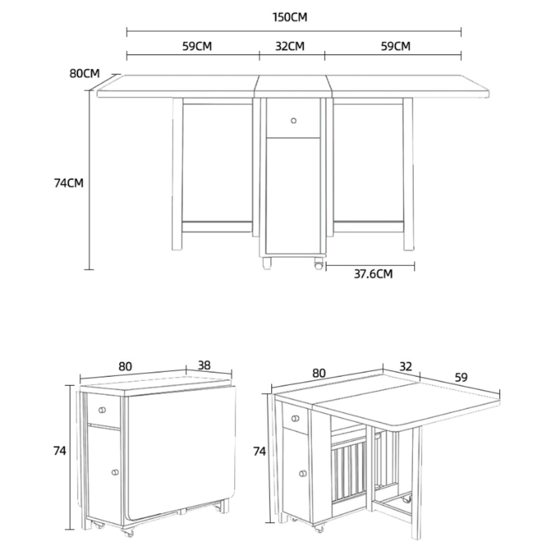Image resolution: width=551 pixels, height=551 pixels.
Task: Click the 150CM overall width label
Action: (x=289, y=17)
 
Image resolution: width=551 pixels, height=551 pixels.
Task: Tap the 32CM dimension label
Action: (x=289, y=46)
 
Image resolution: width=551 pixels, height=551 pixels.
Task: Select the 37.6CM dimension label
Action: (x=373, y=274)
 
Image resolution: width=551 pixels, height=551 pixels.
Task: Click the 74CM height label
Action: (x=69, y=183)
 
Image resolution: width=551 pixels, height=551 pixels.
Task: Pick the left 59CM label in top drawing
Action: (x=197, y=46)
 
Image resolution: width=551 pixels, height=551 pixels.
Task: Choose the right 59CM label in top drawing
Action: (x=395, y=46)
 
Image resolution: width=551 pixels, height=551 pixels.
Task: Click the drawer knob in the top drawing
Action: (x=294, y=121)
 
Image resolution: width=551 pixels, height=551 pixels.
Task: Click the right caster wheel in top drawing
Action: (x=318, y=264)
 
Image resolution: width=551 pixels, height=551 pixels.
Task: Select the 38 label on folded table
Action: (x=204, y=365)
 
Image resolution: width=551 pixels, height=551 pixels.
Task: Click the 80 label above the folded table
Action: (x=125, y=366)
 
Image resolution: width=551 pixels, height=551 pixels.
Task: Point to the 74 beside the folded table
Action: (x=60, y=451)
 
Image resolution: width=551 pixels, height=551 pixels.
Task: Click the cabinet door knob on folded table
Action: (x=115, y=472)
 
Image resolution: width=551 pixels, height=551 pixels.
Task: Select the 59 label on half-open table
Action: (x=461, y=377)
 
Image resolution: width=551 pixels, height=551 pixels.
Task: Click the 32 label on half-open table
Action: (x=406, y=367)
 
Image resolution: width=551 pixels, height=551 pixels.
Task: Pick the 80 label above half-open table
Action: (x=319, y=373)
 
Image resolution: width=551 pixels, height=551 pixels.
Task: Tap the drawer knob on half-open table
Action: (x=295, y=418)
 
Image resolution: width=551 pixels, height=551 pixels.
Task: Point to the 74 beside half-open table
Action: (x=259, y=452)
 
